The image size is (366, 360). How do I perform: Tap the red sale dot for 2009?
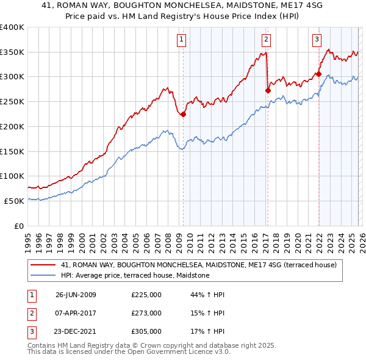click(183, 114)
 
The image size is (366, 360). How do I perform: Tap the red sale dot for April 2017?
click(267, 90)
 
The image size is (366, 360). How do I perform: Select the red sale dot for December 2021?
click(318, 74)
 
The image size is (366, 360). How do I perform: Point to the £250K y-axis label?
click(12, 102)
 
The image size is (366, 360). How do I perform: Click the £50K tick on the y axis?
click(15, 201)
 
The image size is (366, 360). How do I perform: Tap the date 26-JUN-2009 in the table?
click(76, 295)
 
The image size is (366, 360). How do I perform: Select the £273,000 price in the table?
click(146, 313)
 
